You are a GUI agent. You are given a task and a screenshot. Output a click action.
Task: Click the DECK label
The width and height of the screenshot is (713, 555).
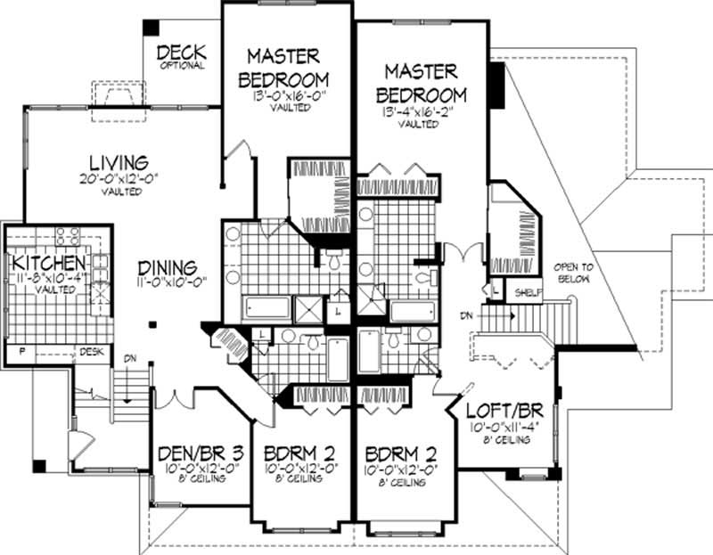[x=182, y=52]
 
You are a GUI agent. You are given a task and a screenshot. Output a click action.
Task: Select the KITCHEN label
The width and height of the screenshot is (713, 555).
[x=48, y=265]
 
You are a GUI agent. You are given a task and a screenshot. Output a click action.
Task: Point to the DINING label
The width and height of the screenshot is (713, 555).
[x=168, y=267]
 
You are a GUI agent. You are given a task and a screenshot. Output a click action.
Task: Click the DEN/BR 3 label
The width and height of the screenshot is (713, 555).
[x=191, y=452]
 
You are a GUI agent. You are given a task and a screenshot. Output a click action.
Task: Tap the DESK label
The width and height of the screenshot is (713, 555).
[x=92, y=352]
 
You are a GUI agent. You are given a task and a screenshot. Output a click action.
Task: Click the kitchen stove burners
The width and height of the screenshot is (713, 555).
[x=69, y=236]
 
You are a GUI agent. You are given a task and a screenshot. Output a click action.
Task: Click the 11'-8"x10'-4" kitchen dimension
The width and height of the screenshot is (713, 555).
[x=48, y=278]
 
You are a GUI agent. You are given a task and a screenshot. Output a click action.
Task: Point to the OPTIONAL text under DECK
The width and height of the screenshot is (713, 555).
[x=182, y=65]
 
